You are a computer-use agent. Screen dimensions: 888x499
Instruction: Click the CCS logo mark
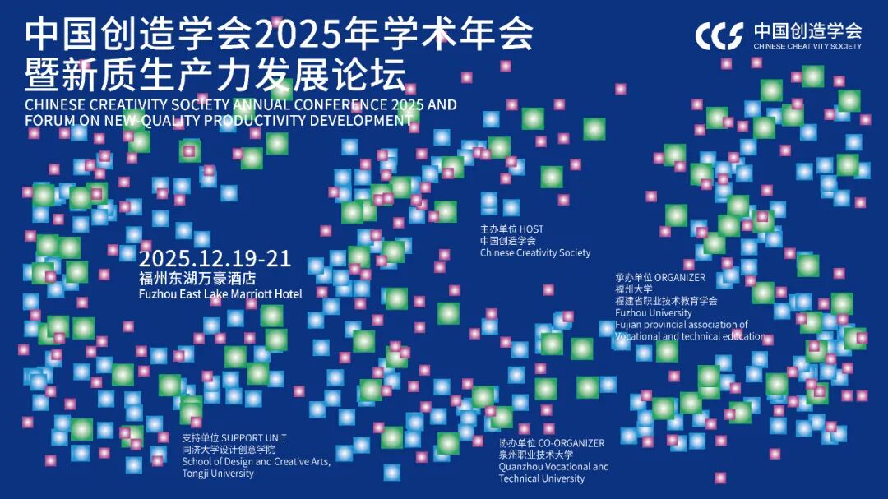coord(719,35)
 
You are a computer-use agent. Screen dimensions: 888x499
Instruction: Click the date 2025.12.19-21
coord(215,259)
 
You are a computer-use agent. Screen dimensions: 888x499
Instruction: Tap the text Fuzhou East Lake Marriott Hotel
coord(220,294)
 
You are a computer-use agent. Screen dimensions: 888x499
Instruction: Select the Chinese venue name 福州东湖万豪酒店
coord(197,278)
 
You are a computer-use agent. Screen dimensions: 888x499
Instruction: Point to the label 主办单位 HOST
coord(511,229)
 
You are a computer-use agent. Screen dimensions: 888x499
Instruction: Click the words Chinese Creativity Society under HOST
coord(535,252)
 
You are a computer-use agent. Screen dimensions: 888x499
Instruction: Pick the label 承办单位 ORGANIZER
coord(660,278)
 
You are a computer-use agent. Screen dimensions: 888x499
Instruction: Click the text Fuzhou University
coord(654,312)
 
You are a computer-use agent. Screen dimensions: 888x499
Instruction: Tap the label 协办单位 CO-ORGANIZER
coord(552,443)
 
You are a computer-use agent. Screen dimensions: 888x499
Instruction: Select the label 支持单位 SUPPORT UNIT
coord(234,438)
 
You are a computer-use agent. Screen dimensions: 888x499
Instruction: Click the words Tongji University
coord(217,474)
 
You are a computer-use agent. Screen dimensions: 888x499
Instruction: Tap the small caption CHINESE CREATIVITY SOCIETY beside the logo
coord(807,46)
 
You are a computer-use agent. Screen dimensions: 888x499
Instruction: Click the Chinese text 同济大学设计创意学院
coord(229,450)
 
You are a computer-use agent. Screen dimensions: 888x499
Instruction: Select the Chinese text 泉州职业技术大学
coord(536,455)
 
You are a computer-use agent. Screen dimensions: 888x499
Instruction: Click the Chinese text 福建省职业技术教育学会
coord(666,301)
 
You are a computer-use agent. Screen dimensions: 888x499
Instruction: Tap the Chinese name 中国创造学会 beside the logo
coord(807,30)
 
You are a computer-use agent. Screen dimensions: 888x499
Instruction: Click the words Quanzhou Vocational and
coord(554,467)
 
